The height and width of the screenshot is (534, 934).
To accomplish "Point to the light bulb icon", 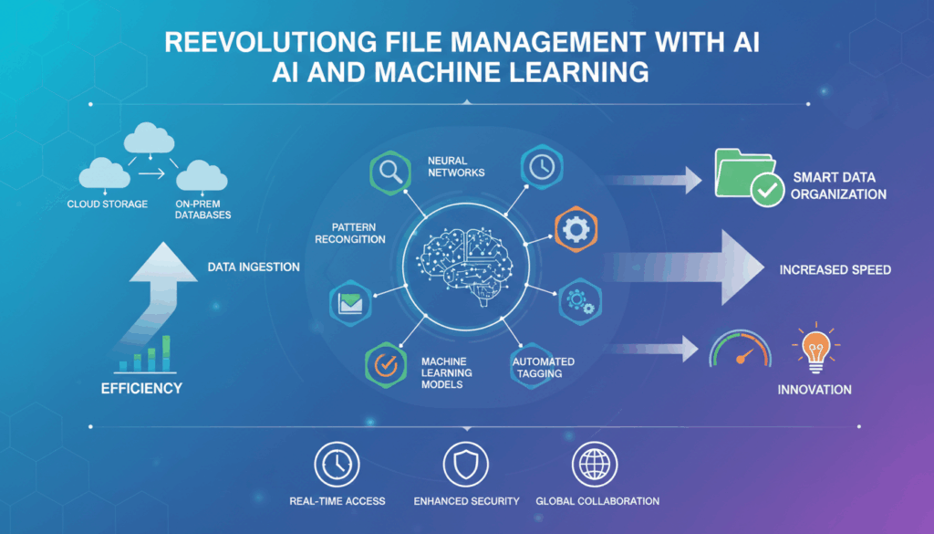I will tap(814, 348).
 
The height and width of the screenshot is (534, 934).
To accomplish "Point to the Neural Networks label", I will tap(455, 166).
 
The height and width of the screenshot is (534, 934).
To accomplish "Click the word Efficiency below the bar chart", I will tap(141, 388).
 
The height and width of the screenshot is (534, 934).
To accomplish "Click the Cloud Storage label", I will tap(108, 204).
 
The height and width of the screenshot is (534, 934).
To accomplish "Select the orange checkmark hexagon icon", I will tap(385, 364).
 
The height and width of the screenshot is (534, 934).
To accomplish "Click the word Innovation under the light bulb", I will tap(815, 390).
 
